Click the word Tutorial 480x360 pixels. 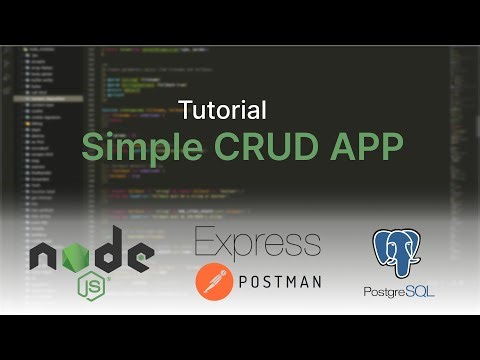223,109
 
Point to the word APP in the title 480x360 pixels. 367,146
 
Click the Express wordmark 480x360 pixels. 258,242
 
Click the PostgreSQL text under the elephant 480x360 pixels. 399,290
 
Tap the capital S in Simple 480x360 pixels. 93,146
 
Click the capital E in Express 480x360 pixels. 203,242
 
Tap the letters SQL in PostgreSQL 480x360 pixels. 421,290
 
